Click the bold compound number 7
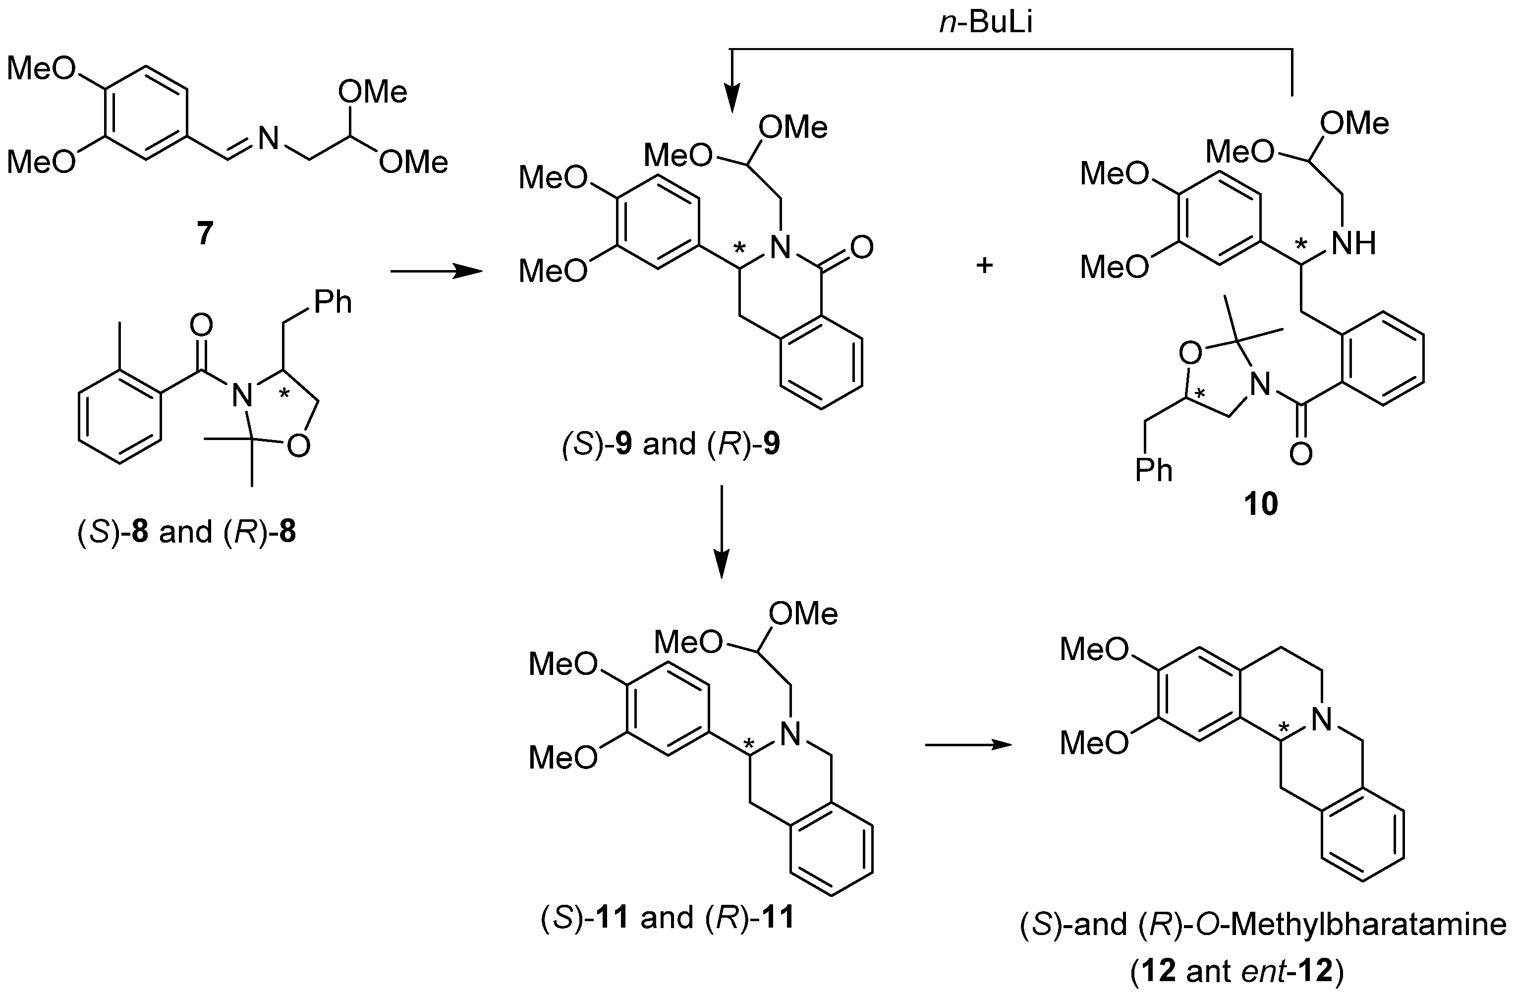pyautogui.click(x=204, y=234)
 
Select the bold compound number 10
pyautogui.click(x=1260, y=504)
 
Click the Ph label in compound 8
pyautogui.click(x=332, y=302)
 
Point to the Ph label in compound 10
pyautogui.click(x=1154, y=470)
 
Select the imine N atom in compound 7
pyautogui.click(x=268, y=138)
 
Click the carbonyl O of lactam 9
pyautogui.click(x=861, y=248)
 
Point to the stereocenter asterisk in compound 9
pyautogui.click(x=740, y=247)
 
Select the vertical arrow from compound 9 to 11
pyautogui.click(x=722, y=532)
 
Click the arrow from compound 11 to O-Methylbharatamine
pyautogui.click(x=967, y=745)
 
